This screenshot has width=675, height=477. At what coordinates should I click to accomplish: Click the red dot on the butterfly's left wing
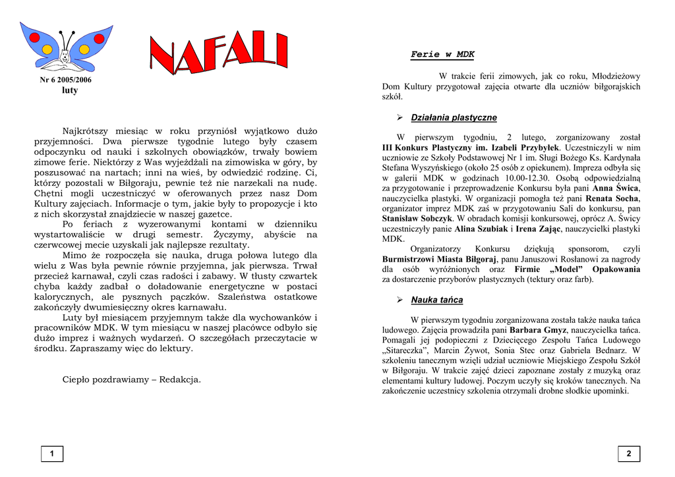34,38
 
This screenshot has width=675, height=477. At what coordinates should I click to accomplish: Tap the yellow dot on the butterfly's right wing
84,49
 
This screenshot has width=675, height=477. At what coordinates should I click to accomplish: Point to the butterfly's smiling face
64,57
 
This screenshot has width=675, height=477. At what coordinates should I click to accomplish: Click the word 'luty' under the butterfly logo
69,90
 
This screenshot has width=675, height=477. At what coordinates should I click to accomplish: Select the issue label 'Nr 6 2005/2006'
66,80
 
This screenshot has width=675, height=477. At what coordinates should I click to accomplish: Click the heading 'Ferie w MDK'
442,55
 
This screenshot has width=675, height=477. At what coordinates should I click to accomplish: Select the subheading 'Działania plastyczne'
454,117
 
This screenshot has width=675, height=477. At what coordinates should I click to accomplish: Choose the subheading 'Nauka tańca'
436,300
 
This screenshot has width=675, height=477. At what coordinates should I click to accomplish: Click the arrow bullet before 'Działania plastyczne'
399,117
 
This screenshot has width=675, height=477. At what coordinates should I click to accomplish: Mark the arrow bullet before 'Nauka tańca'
399,300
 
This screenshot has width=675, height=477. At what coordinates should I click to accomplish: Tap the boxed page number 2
629,453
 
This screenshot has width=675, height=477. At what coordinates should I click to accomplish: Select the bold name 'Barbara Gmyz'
538,329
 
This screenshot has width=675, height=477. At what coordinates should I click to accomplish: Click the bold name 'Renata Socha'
612,198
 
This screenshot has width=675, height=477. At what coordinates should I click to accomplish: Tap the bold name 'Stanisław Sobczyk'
417,218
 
